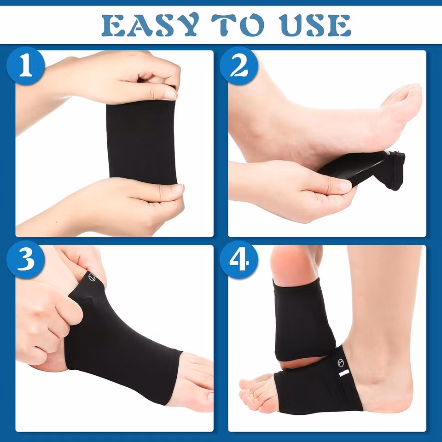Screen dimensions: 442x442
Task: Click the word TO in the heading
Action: pyautogui.click(x=238, y=25)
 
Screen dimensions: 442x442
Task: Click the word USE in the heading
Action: pyautogui.click(x=315, y=25)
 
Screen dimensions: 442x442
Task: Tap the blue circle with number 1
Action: pyautogui.click(x=26, y=66)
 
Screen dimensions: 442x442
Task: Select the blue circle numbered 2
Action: pyautogui.click(x=239, y=66)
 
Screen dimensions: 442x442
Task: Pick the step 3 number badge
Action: pyautogui.click(x=26, y=260)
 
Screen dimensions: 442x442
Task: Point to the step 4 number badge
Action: pyautogui.click(x=239, y=260)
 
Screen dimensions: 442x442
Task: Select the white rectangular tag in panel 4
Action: pyautogui.click(x=344, y=373)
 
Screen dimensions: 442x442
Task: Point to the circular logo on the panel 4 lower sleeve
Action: pyautogui.click(x=341, y=362)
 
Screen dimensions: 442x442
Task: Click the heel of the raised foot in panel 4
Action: pyautogui.click(x=293, y=263)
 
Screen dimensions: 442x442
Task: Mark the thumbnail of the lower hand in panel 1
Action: pyautogui.click(x=178, y=188)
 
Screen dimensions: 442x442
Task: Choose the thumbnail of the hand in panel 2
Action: pyautogui.click(x=345, y=186)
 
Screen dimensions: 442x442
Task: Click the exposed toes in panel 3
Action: pyautogui.click(x=194, y=381)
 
